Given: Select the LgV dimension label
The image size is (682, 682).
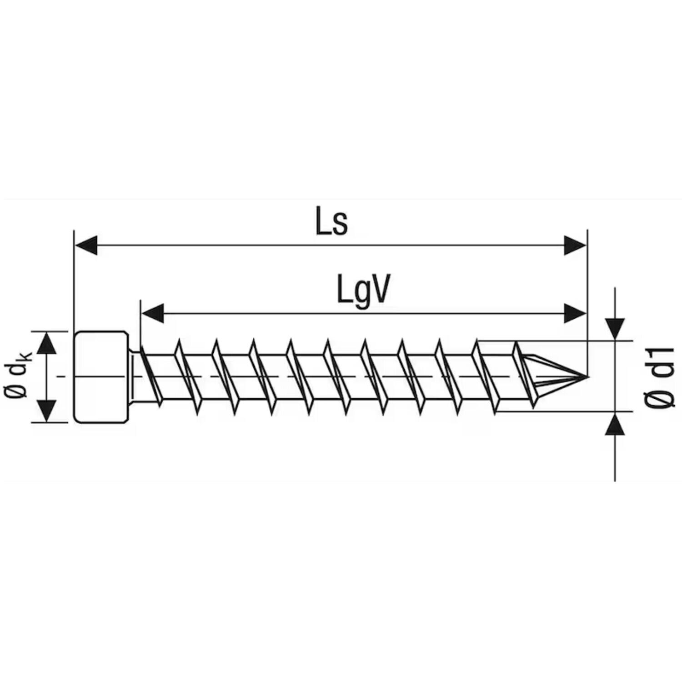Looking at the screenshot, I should (x=363, y=291).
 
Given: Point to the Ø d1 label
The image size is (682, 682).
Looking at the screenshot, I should (x=659, y=377).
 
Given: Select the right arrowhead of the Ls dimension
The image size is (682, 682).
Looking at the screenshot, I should (x=575, y=246).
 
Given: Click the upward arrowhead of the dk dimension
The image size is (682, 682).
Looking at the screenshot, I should (x=46, y=343).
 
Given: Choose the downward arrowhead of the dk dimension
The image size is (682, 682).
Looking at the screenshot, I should (x=46, y=411).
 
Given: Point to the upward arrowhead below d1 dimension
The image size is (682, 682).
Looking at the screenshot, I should (x=615, y=425).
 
